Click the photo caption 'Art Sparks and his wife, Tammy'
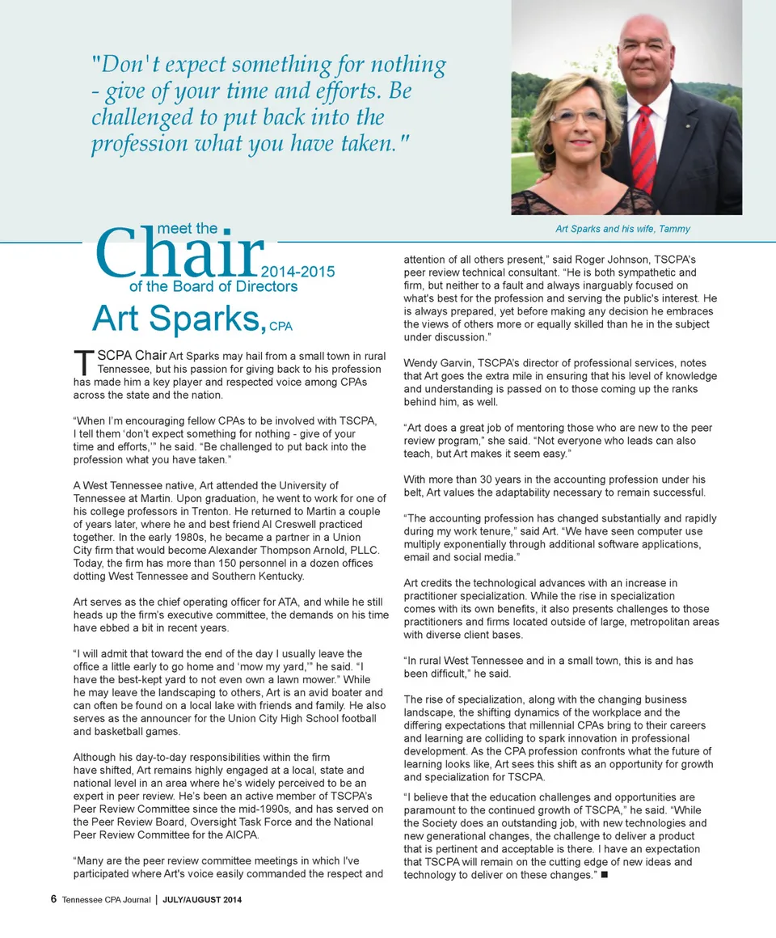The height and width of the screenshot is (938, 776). [622, 229]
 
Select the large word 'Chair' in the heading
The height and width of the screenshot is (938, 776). [179, 252]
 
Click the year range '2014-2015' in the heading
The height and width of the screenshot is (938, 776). [299, 272]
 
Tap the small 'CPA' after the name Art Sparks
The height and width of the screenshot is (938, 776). [280, 327]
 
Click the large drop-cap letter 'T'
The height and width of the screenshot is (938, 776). [81, 361]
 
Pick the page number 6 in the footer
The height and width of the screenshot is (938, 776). [53, 899]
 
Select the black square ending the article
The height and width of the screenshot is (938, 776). [605, 876]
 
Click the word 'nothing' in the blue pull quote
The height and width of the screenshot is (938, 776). [403, 64]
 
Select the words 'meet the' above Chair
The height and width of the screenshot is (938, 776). [187, 229]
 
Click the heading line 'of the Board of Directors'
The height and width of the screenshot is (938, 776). [213, 286]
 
